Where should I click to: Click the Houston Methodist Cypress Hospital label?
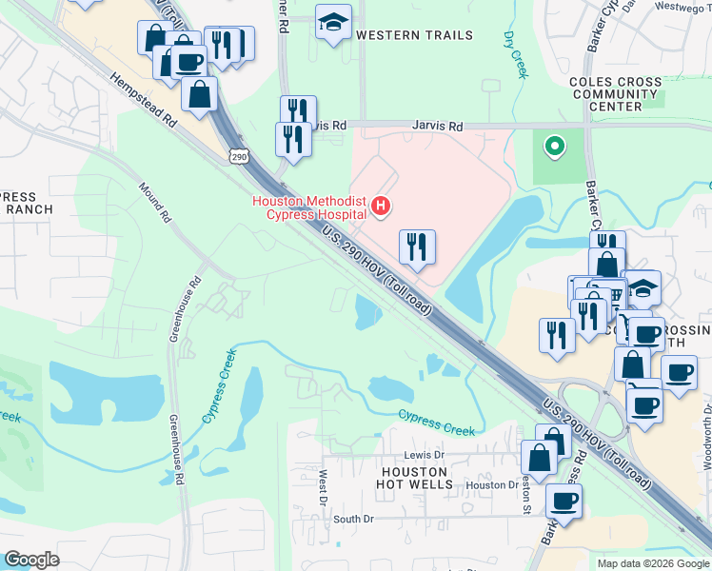[x=309, y=206]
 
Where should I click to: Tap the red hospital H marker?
[x=381, y=205]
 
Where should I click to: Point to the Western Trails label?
[x=414, y=35]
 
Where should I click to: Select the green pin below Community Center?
[x=552, y=147]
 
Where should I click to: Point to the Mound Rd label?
[x=153, y=203]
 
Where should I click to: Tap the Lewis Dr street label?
[x=425, y=455]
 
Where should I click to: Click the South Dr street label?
[x=353, y=520]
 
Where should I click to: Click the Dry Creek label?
[x=514, y=52]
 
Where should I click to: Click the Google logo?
[x=31, y=560]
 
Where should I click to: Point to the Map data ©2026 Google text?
[x=652, y=563]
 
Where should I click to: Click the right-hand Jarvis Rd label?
[x=437, y=126]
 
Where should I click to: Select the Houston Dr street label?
[x=490, y=485]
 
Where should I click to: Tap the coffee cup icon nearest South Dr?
[x=564, y=501]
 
